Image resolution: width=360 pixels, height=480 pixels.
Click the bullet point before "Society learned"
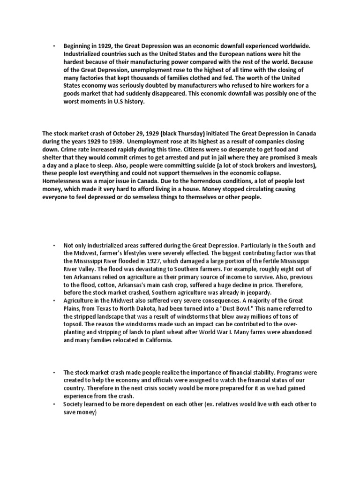(54, 404)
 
